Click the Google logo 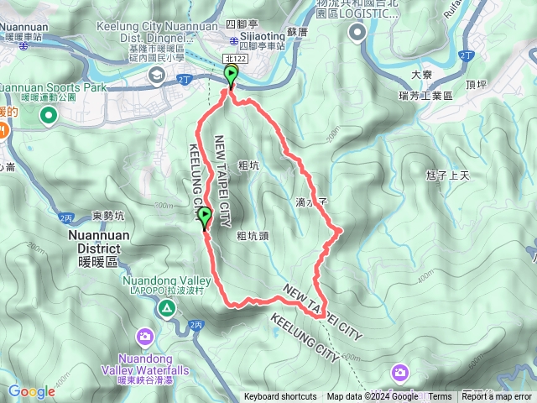tap(31, 391)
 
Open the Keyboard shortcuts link tap(280, 397)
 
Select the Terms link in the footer tap(440, 397)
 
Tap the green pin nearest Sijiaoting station tap(231, 78)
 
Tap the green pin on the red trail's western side tap(204, 219)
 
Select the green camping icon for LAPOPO tap(168, 309)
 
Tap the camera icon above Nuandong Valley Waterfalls tap(147, 338)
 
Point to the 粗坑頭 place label tap(253, 236)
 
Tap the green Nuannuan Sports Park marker tap(47, 115)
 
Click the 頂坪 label tap(475, 84)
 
